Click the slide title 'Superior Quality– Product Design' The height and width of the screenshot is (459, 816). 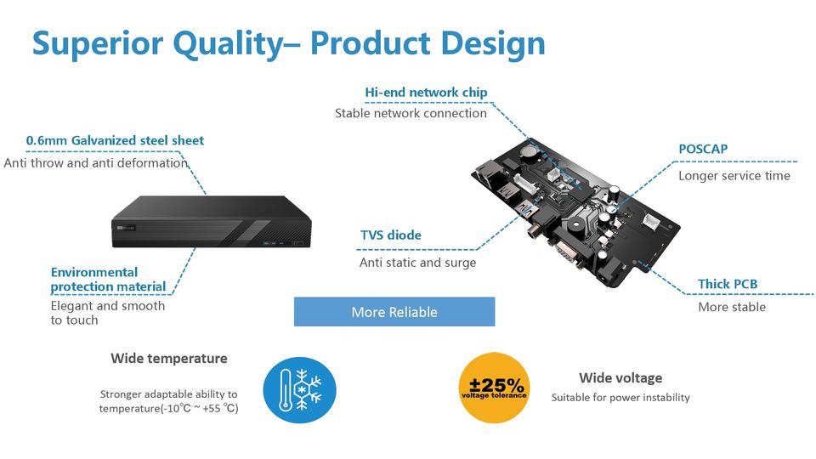[288, 43]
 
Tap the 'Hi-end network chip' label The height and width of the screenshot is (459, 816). [426, 93]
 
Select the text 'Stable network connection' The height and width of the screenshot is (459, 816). [411, 113]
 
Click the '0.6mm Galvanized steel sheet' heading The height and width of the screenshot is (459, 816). [115, 140]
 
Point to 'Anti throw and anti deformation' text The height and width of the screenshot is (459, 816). [95, 163]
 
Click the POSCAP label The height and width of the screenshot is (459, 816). [703, 149]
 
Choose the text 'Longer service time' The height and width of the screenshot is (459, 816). [734, 176]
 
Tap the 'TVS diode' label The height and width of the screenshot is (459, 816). [391, 235]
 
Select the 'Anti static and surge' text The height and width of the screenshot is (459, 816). [417, 263]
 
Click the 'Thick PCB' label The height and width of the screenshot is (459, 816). [728, 284]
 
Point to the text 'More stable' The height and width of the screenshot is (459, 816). [732, 307]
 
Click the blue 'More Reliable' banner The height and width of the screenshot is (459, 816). [394, 312]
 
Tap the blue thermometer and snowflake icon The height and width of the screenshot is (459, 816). [299, 390]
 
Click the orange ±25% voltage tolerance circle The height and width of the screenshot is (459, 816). [494, 388]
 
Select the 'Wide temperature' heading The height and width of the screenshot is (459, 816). [168, 359]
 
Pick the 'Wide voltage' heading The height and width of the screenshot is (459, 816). [620, 377]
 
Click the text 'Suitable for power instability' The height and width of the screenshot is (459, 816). [620, 398]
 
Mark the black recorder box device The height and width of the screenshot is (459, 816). [212, 222]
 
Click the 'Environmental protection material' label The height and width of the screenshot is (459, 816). [108, 280]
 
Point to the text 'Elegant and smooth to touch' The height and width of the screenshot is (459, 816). [108, 313]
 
